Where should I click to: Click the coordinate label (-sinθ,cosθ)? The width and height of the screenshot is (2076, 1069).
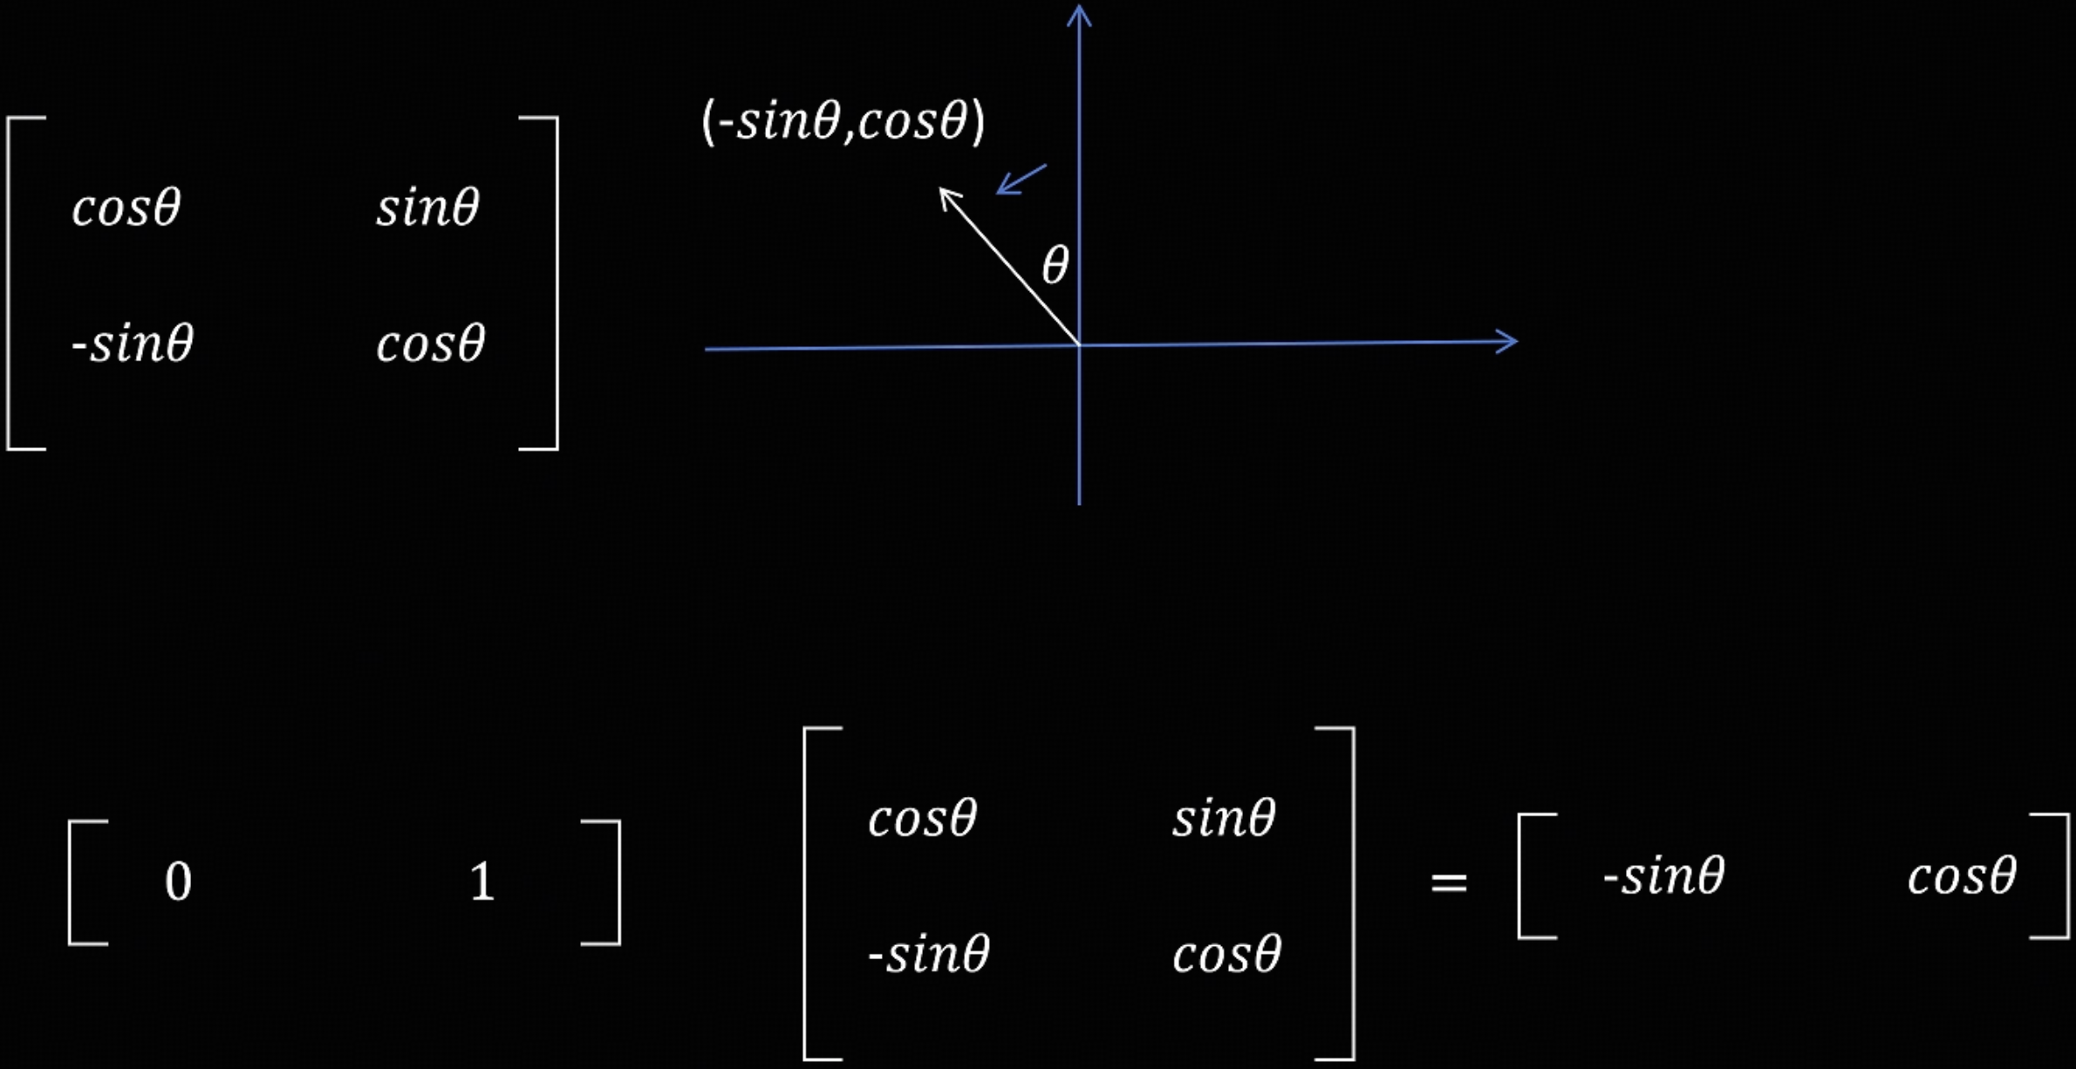pyautogui.click(x=843, y=121)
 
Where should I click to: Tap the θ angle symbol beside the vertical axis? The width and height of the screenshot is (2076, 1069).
pyautogui.click(x=1055, y=265)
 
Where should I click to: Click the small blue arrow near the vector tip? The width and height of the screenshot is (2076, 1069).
pyautogui.click(x=1020, y=180)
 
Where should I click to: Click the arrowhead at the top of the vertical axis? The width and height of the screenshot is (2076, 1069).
pyautogui.click(x=1080, y=14)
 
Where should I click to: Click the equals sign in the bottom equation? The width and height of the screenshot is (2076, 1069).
pyautogui.click(x=1449, y=882)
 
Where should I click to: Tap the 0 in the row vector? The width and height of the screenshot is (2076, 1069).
pyautogui.click(x=178, y=882)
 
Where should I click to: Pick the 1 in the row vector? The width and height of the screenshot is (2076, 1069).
pyautogui.click(x=481, y=882)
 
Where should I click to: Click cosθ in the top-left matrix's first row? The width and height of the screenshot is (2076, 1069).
pyautogui.click(x=126, y=208)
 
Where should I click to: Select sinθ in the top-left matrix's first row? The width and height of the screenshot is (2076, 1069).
pyautogui.click(x=427, y=208)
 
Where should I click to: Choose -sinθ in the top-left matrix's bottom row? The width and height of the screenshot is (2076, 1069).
pyautogui.click(x=133, y=343)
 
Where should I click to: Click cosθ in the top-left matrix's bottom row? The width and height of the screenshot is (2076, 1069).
pyautogui.click(x=430, y=344)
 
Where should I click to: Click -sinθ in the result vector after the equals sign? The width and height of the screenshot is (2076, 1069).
pyautogui.click(x=1664, y=876)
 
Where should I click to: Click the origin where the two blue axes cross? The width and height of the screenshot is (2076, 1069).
pyautogui.click(x=1080, y=345)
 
